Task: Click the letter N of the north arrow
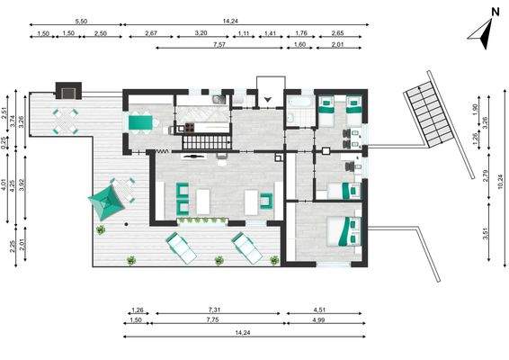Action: (x=494, y=13)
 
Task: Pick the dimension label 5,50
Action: (x=80, y=20)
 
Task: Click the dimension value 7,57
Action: (x=219, y=44)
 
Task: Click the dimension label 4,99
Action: (x=327, y=319)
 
